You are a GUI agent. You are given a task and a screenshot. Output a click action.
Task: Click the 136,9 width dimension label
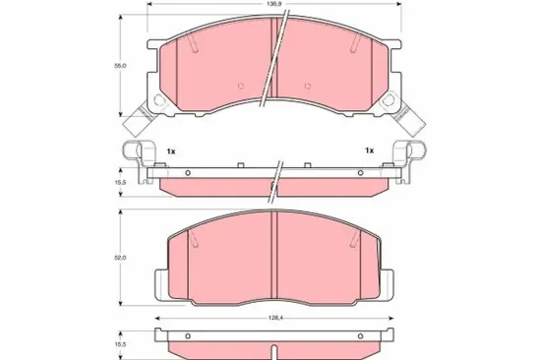coord(275,4)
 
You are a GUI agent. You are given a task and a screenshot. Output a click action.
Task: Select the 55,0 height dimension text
coord(120,65)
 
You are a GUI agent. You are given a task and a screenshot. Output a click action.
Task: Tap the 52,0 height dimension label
coord(120,258)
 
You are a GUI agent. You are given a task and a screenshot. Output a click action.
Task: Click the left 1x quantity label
coord(171,151)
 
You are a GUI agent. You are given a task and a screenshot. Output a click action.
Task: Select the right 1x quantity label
coord(370,150)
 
